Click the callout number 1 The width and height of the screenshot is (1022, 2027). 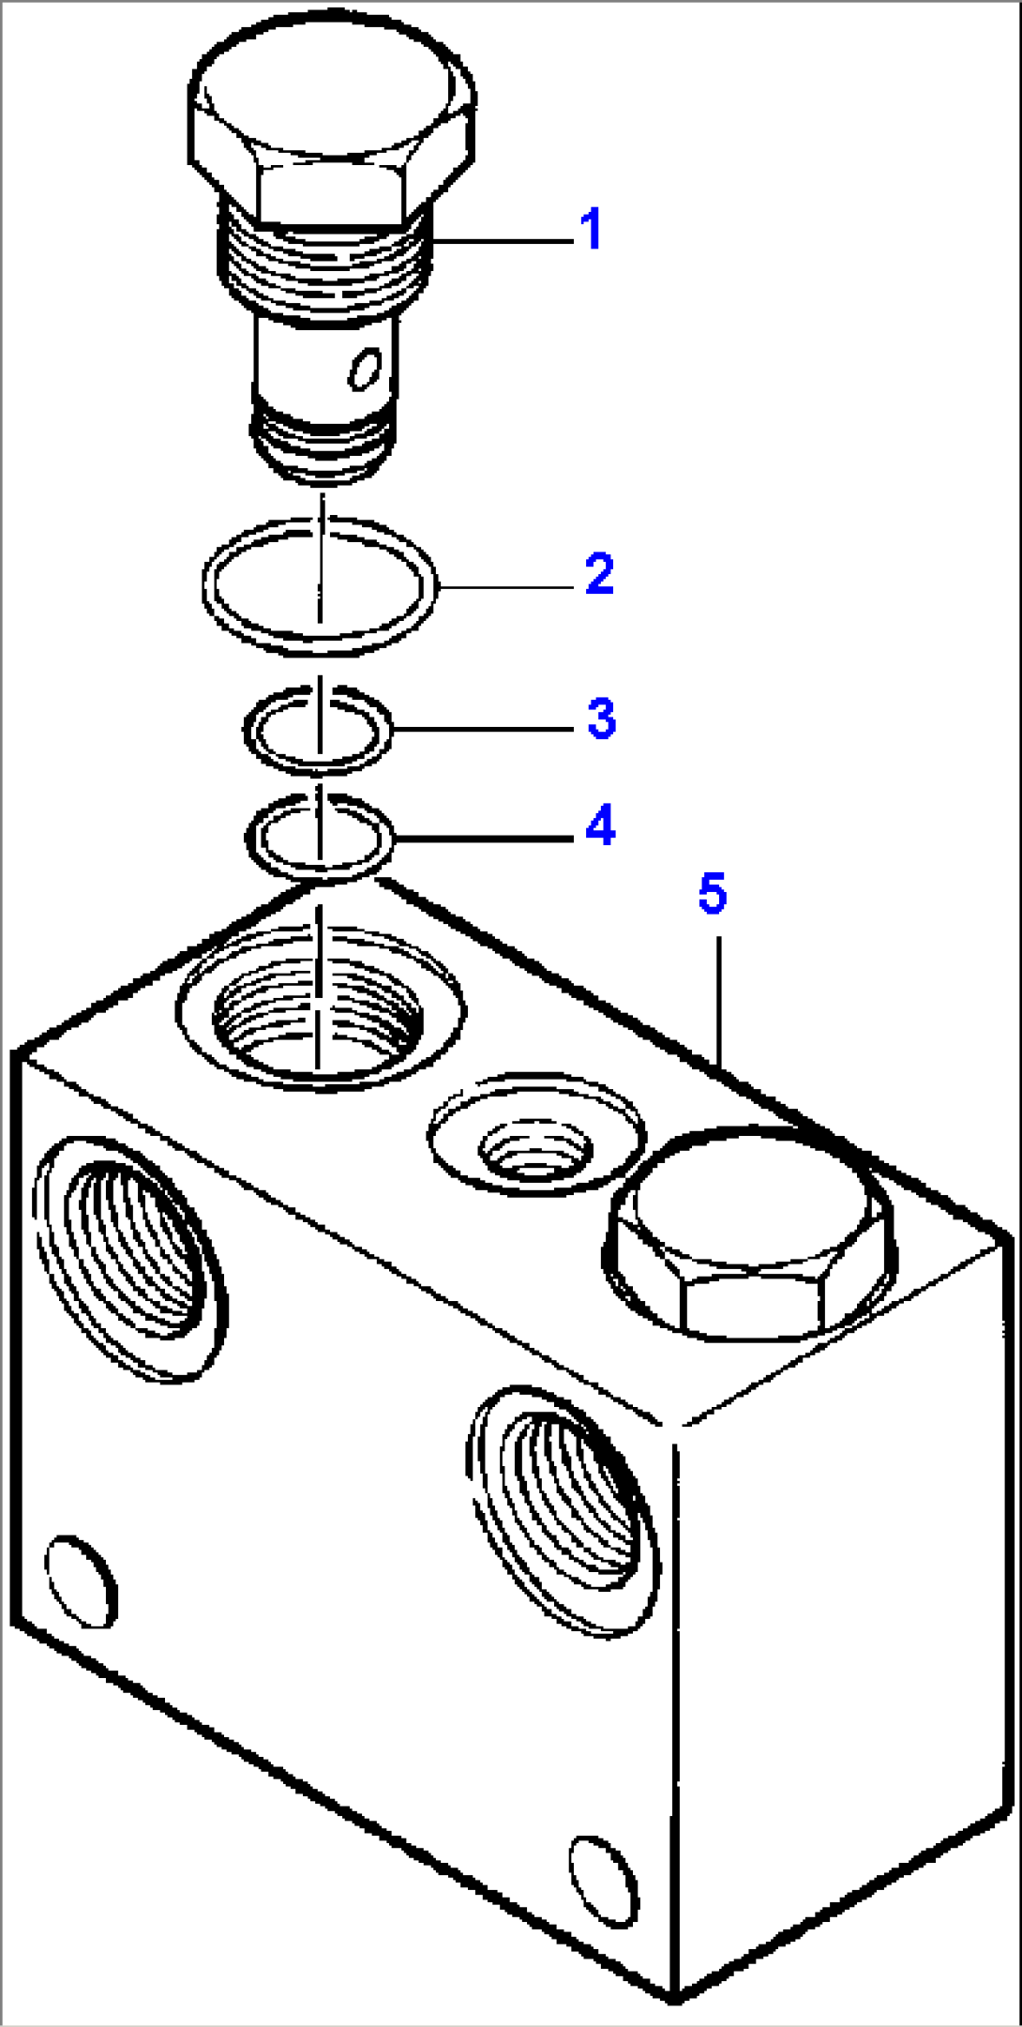pyautogui.click(x=590, y=230)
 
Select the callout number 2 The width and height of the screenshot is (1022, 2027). pyautogui.click(x=599, y=574)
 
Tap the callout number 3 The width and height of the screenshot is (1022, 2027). pyautogui.click(x=601, y=719)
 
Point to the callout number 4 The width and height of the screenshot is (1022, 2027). pyautogui.click(x=600, y=825)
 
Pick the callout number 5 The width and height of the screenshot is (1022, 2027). pyautogui.click(x=712, y=894)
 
